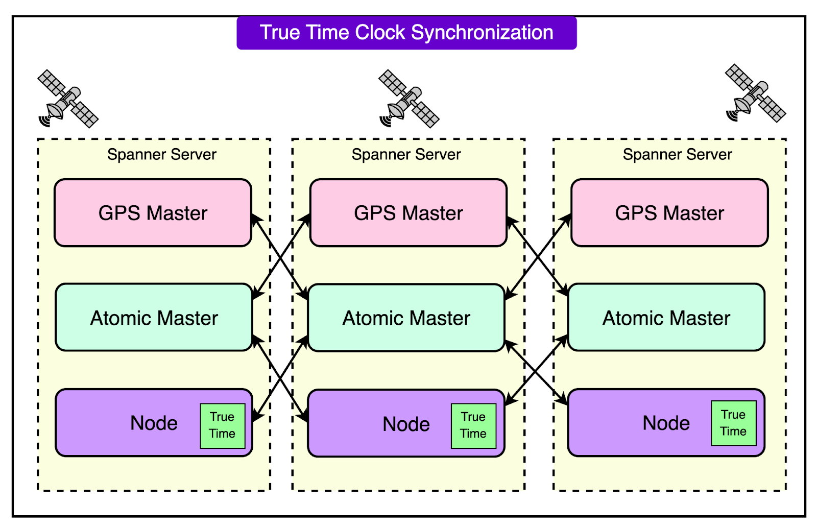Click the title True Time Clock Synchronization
pyautogui.click(x=406, y=33)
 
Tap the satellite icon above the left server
pyautogui.click(x=68, y=99)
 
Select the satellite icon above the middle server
pyautogui.click(x=408, y=99)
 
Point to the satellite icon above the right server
pyautogui.click(x=755, y=94)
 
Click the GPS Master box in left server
pyautogui.click(x=153, y=213)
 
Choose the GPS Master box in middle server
pyautogui.click(x=408, y=213)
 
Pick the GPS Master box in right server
pyautogui.click(x=669, y=213)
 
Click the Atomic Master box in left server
pyautogui.click(x=154, y=318)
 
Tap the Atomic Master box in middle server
pyautogui.click(x=406, y=318)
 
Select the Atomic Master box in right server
pyautogui.click(x=666, y=318)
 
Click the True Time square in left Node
pyautogui.click(x=222, y=425)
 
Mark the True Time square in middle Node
pyautogui.click(x=473, y=425)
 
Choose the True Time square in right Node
pyautogui.click(x=733, y=423)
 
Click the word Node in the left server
pyautogui.click(x=154, y=423)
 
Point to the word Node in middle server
pyautogui.click(x=406, y=424)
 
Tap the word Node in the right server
pyautogui.click(x=666, y=423)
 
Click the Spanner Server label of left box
pyautogui.click(x=161, y=154)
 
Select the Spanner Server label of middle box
pyautogui.click(x=406, y=154)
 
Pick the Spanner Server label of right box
pyautogui.click(x=677, y=154)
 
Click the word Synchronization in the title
pyautogui.click(x=482, y=33)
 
